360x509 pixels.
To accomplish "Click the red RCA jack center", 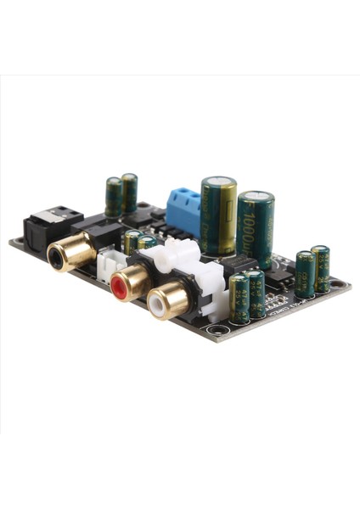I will (x=121, y=289).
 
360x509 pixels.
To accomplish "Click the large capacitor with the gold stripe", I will (x=218, y=216).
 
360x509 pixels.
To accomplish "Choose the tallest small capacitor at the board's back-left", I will (x=129, y=193).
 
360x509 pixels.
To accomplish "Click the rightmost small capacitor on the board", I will (x=320, y=269).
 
